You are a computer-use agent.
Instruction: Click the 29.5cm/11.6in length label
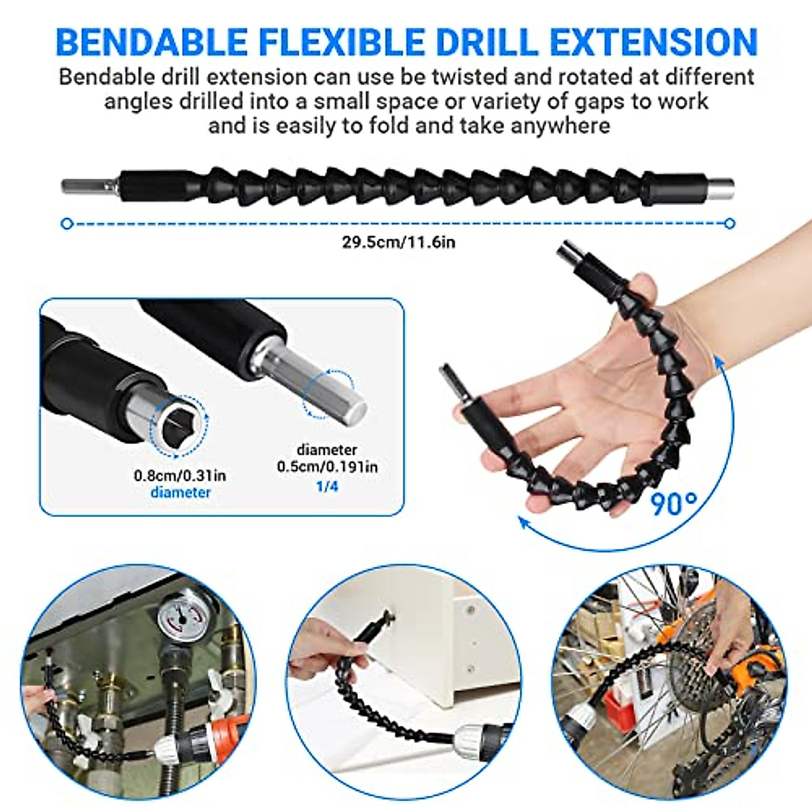pyautogui.click(x=399, y=242)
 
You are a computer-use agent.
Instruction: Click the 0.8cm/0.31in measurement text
pyautogui.click(x=180, y=475)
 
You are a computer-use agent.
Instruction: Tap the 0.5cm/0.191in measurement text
pyautogui.click(x=328, y=466)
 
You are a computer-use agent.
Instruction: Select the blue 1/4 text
pyautogui.click(x=328, y=486)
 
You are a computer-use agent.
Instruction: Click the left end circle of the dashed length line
pyautogui.click(x=66, y=223)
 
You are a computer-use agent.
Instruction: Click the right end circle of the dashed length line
pyautogui.click(x=729, y=223)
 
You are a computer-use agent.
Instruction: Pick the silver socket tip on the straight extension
pyautogui.click(x=721, y=184)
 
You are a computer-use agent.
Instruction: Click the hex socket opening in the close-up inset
pyautogui.click(x=179, y=427)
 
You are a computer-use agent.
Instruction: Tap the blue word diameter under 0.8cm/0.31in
pyautogui.click(x=180, y=492)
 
